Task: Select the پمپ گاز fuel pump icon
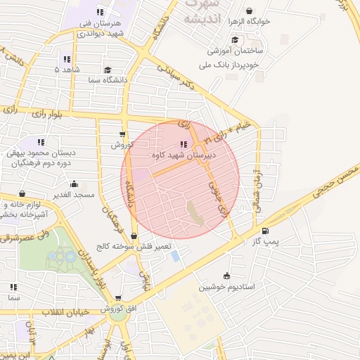click(x=264, y=231)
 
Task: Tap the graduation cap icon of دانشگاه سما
click(x=108, y=70)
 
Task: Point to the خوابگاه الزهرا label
click(x=238, y=22)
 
